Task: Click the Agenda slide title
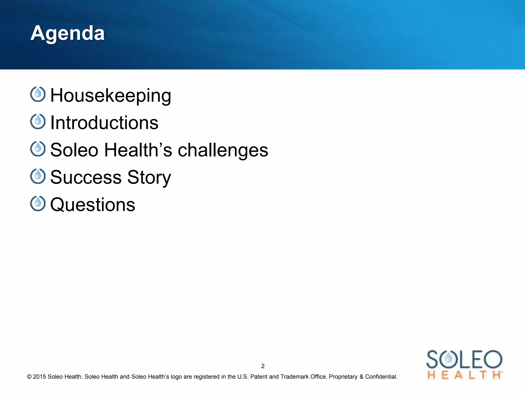point(67,33)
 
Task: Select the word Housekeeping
point(110,95)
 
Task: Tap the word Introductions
point(104,123)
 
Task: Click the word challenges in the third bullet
point(223,150)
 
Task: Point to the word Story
point(149,177)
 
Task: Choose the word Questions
point(93,205)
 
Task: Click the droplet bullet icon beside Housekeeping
point(38,94)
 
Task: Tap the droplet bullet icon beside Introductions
point(38,121)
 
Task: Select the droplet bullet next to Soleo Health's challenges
point(38,149)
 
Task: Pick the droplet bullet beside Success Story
point(38,176)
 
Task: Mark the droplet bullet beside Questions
point(38,203)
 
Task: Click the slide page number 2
point(263,366)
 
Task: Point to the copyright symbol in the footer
point(29,377)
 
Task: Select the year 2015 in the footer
point(39,377)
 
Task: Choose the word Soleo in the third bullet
point(74,150)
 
